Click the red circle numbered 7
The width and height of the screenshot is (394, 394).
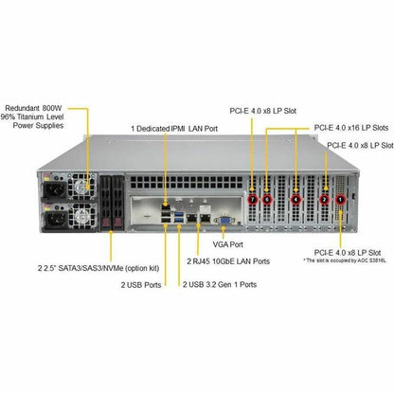click(x=252, y=199)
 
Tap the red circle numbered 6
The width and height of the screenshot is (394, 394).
click(x=267, y=199)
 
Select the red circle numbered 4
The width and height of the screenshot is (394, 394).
click(x=295, y=199)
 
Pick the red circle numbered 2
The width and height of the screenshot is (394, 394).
click(x=325, y=199)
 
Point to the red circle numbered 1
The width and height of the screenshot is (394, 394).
click(x=340, y=199)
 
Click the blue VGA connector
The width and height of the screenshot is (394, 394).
click(x=224, y=221)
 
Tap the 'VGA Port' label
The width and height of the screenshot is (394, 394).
click(x=228, y=244)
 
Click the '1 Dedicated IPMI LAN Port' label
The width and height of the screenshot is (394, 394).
click(x=174, y=129)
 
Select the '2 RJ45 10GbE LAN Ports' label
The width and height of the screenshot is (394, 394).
click(x=228, y=261)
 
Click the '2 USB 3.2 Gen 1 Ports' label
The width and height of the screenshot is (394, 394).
click(x=220, y=284)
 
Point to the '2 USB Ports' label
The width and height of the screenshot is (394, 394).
click(x=141, y=284)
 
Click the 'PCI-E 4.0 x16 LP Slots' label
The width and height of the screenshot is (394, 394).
click(x=351, y=128)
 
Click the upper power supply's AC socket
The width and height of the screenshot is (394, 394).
click(x=54, y=189)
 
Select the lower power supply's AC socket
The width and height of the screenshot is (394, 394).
click(x=54, y=219)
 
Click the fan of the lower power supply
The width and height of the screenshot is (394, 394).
click(x=83, y=217)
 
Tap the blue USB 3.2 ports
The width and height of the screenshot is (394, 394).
click(x=179, y=217)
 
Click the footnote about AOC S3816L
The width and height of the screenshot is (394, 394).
click(x=345, y=260)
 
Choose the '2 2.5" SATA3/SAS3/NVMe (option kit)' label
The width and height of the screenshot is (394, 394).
click(x=98, y=268)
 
